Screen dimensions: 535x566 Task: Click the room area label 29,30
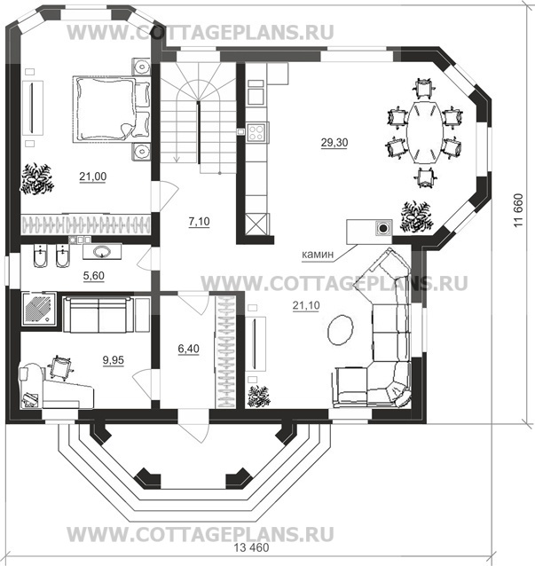pyautogui.click(x=334, y=143)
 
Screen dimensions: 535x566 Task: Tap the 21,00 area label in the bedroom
pyautogui.click(x=93, y=177)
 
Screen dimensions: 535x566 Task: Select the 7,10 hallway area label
pyautogui.click(x=199, y=221)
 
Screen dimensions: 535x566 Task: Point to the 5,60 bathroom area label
pyautogui.click(x=93, y=276)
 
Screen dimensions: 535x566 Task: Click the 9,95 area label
pyautogui.click(x=113, y=360)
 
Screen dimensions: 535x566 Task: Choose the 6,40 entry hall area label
pyautogui.click(x=188, y=349)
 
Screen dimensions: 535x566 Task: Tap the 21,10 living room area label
pyautogui.click(x=306, y=306)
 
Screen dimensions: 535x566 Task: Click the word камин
pyautogui.click(x=318, y=255)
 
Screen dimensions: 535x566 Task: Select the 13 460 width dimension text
pyautogui.click(x=251, y=547)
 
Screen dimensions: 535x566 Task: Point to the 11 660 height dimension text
pyautogui.click(x=518, y=210)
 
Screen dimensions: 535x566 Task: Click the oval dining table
pyautogui.click(x=424, y=133)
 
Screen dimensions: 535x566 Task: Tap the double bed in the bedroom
pyautogui.click(x=112, y=109)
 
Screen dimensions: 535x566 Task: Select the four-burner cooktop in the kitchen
pyautogui.click(x=257, y=132)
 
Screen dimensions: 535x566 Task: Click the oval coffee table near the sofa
pyautogui.click(x=340, y=330)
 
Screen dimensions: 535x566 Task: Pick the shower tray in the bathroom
pyautogui.click(x=39, y=309)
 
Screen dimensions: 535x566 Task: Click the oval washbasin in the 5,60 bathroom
pyautogui.click(x=102, y=251)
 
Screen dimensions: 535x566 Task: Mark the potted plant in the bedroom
pyautogui.click(x=37, y=179)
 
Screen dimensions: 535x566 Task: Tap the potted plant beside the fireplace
pyautogui.click(x=417, y=216)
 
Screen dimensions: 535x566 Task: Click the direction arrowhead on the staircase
pyautogui.click(x=177, y=159)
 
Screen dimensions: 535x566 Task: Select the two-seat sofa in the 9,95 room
pyautogui.click(x=98, y=314)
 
